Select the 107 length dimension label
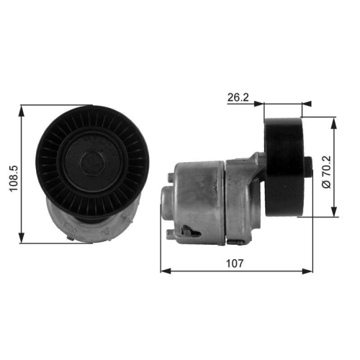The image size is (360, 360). (235, 264)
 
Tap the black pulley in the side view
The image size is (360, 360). (284, 165)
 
